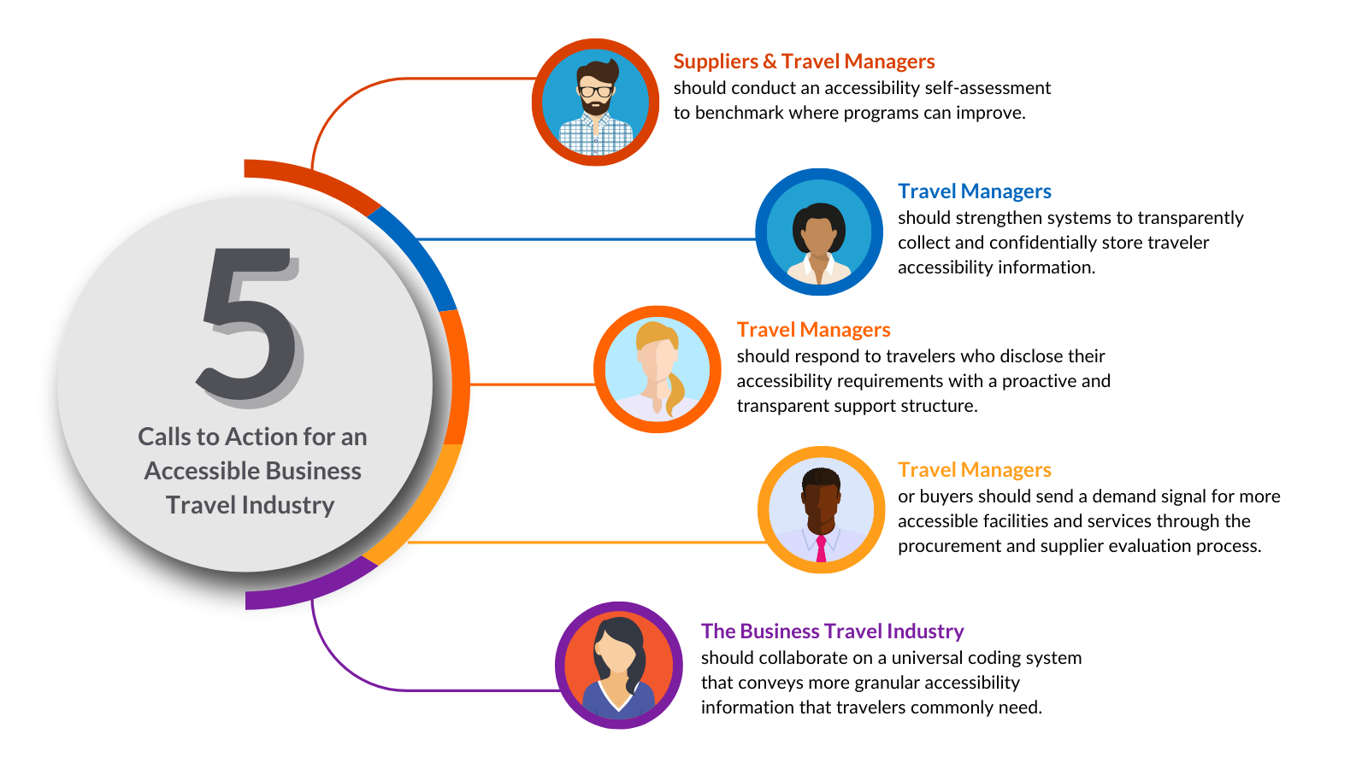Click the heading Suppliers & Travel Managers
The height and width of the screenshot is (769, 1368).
click(804, 62)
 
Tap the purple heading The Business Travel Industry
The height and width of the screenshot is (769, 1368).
click(832, 631)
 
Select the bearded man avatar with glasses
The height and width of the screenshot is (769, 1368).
click(596, 103)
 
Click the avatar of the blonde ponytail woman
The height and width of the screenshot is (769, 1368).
click(657, 369)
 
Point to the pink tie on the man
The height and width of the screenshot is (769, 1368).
click(821, 548)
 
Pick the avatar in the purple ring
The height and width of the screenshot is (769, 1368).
click(618, 666)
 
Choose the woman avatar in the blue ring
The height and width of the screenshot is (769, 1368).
click(819, 232)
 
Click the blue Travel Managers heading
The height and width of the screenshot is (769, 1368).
click(974, 191)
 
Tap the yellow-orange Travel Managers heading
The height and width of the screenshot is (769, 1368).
click(974, 470)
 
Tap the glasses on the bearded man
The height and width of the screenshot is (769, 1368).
click(596, 91)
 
